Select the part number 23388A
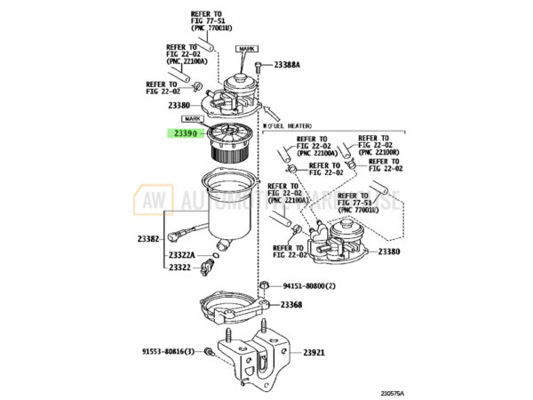(287, 65)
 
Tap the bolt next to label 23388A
(258, 66)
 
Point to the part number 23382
(148, 239)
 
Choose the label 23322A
(184, 255)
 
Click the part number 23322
(180, 268)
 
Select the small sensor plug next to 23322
(209, 267)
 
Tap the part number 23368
(291, 305)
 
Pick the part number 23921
(314, 353)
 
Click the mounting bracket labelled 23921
(261, 356)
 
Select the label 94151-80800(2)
(309, 286)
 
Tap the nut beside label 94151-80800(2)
(266, 285)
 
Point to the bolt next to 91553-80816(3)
(207, 352)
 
